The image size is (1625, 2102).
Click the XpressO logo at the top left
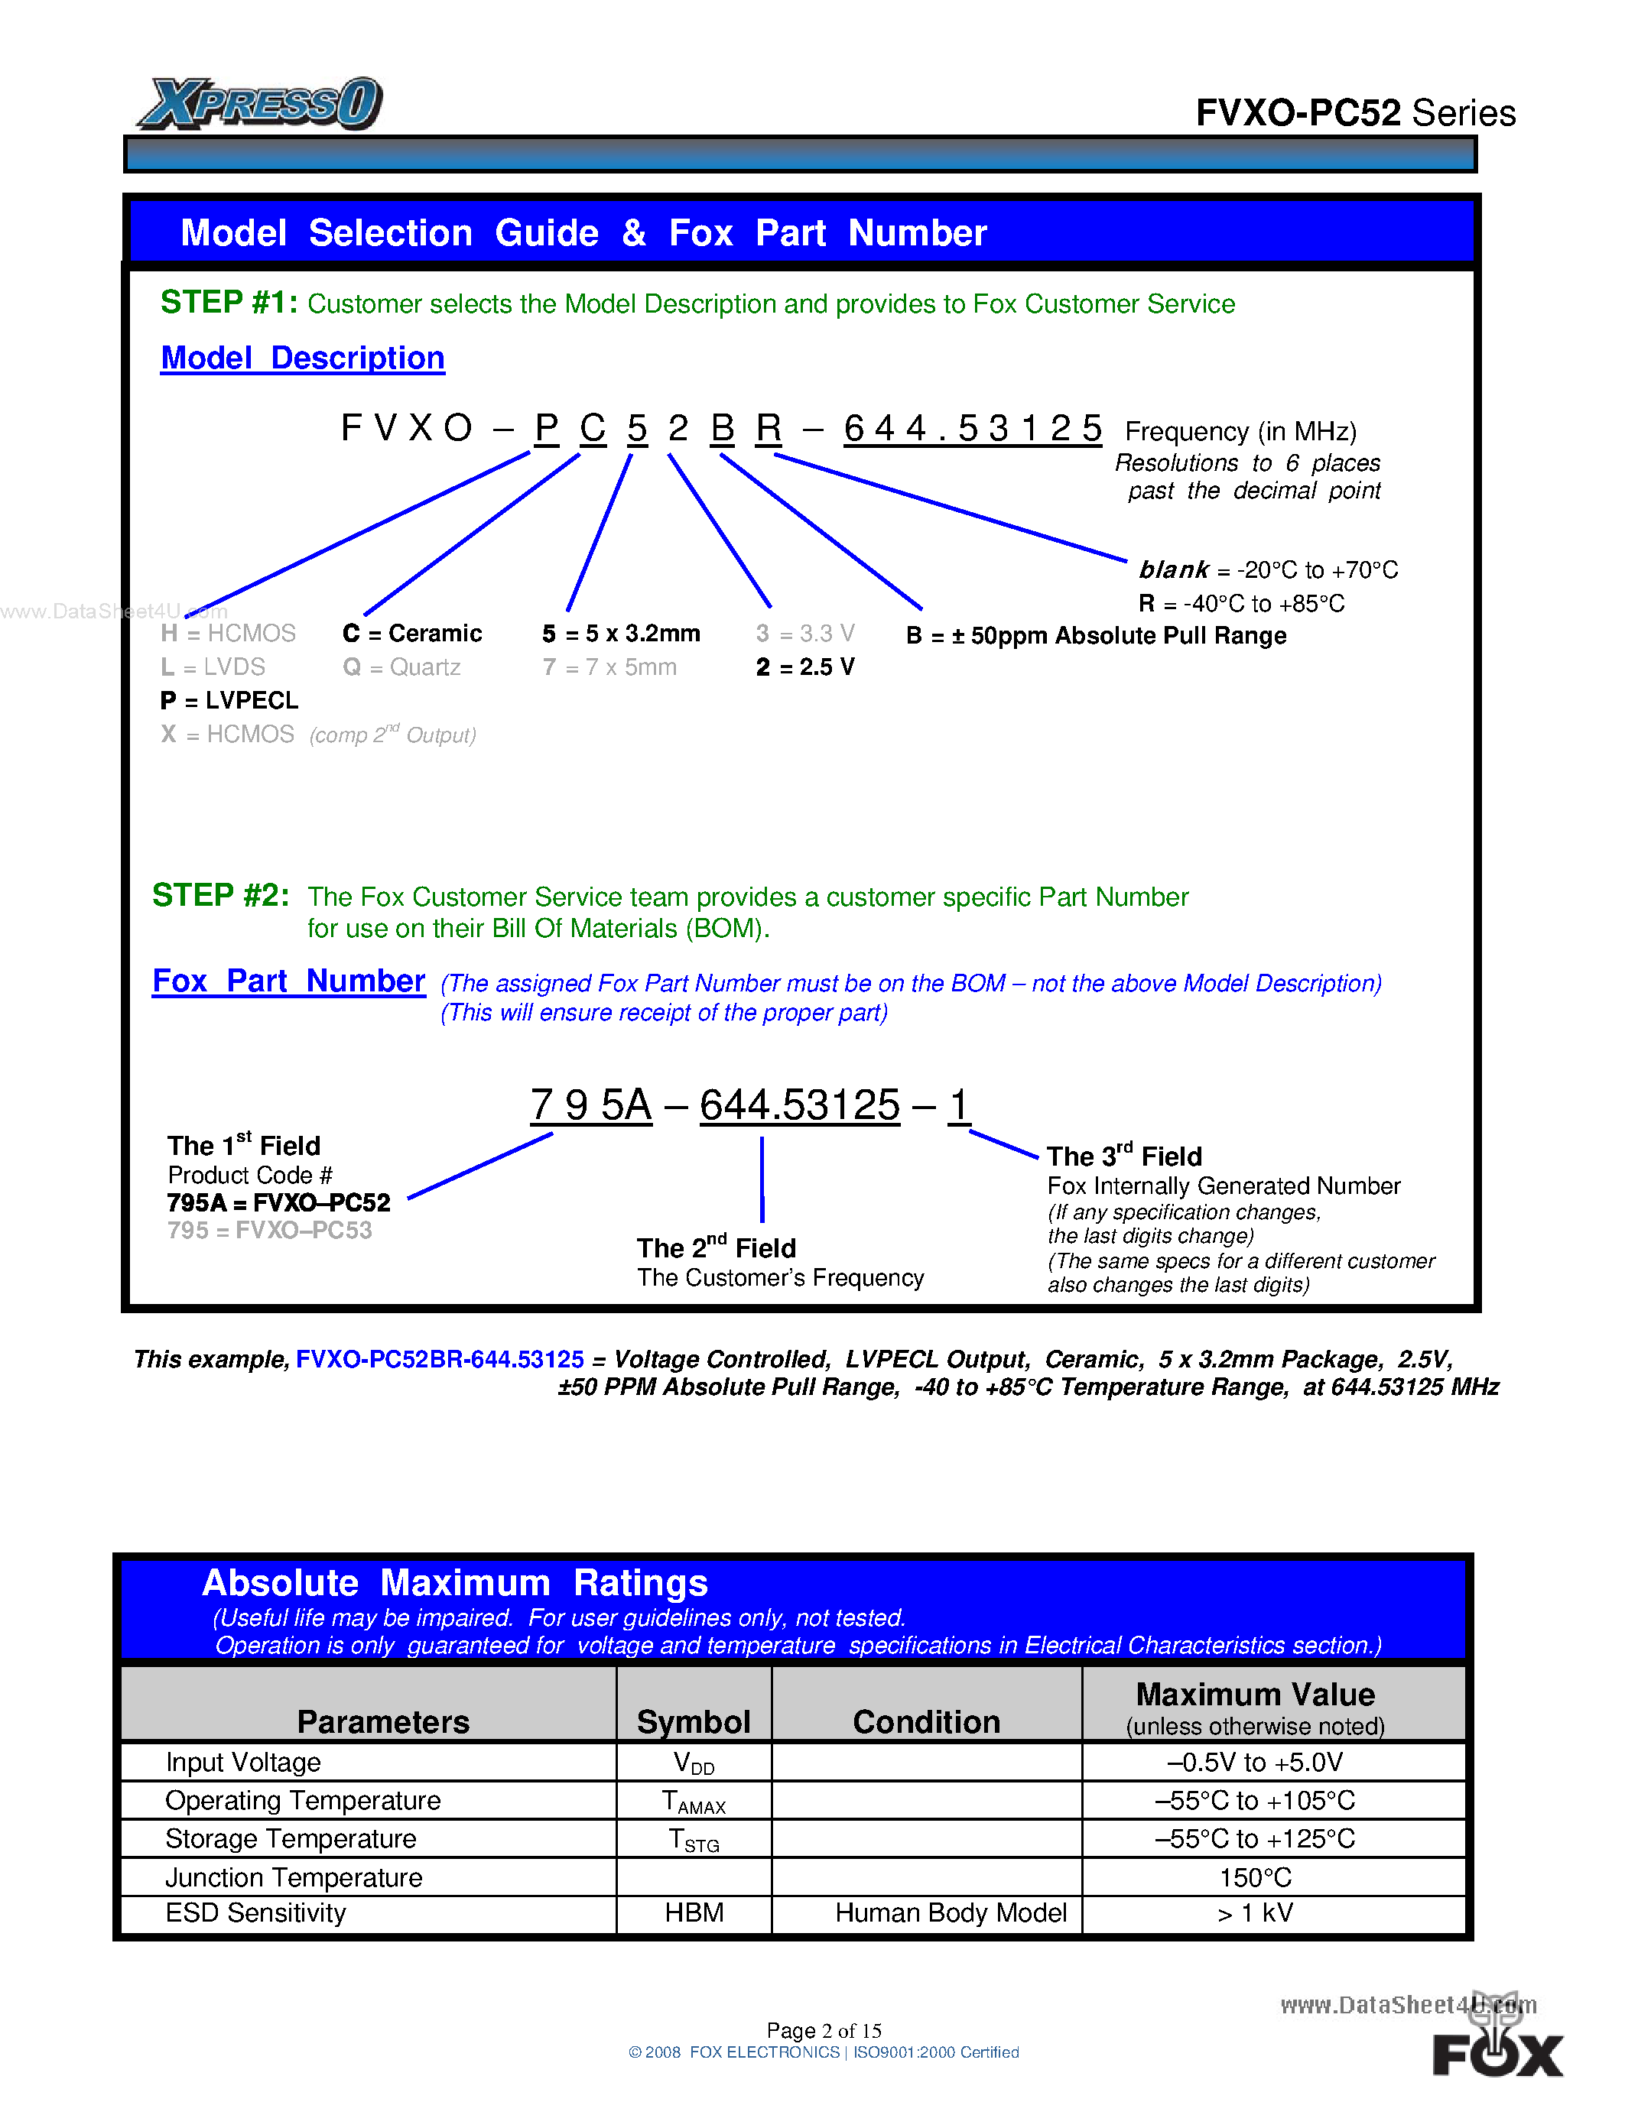point(260,104)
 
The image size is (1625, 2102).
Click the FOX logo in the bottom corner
point(1497,2052)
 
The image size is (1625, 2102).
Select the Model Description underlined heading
point(302,358)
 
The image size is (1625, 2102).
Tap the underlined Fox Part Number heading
point(289,981)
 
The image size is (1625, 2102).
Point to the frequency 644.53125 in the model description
point(971,428)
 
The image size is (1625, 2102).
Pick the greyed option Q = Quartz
point(401,667)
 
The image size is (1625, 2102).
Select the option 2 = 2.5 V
point(804,667)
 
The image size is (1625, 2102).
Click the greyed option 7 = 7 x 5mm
point(609,667)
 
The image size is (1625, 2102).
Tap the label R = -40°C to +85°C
point(1241,603)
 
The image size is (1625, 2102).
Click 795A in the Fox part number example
point(591,1105)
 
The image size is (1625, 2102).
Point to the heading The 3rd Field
point(1123,1156)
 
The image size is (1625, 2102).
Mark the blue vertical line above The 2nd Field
point(762,1179)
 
